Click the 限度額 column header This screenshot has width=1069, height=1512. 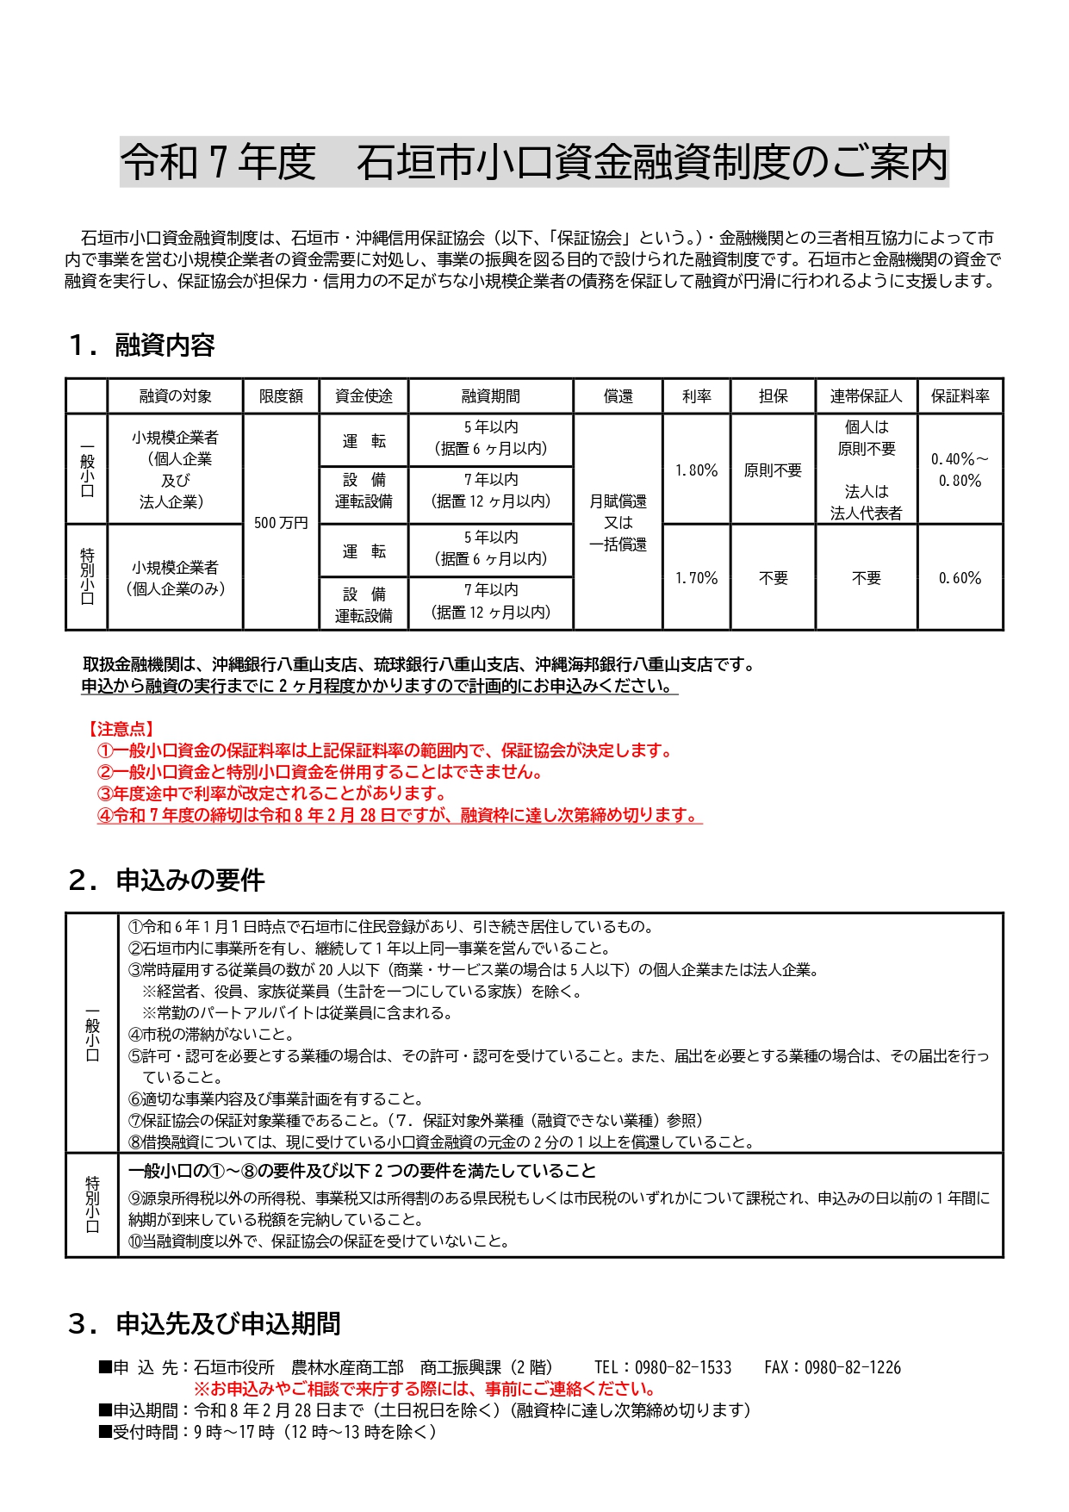(281, 396)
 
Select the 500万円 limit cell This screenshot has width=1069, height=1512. (281, 523)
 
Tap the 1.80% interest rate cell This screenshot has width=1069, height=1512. (696, 470)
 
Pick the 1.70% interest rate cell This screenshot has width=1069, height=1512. (696, 578)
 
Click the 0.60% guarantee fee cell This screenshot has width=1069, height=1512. (960, 578)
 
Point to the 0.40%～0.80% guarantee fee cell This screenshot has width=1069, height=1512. (960, 470)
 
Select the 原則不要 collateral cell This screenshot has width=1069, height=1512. (773, 470)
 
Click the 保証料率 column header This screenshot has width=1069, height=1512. (960, 396)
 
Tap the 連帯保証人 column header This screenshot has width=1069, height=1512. (866, 396)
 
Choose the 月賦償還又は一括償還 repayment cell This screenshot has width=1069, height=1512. (618, 523)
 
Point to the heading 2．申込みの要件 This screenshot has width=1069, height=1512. (166, 880)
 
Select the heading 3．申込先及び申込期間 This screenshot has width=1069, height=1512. (205, 1324)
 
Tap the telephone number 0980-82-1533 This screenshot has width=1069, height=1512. (682, 1367)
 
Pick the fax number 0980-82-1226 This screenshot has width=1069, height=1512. (852, 1367)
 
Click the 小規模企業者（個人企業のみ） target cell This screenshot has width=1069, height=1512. (175, 578)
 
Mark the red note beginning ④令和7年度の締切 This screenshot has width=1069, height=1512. (398, 815)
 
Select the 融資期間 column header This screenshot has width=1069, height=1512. (490, 396)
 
